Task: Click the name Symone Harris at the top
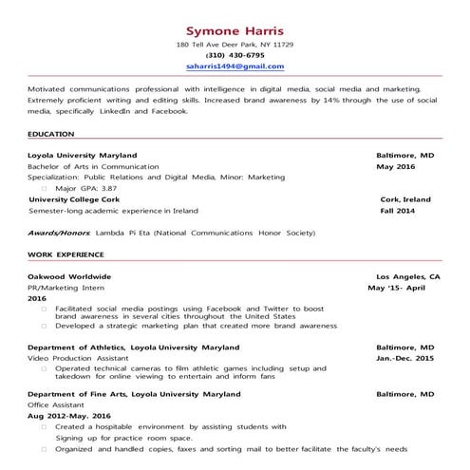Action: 235,29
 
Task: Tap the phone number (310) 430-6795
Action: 235,55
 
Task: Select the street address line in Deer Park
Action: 235,45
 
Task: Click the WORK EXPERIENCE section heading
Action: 65,254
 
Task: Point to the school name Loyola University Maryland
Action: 83,154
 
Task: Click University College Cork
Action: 76,199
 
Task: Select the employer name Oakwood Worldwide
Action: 69,275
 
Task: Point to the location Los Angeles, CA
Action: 408,275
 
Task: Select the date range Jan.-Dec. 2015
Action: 404,359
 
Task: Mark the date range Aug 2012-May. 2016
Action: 69,415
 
